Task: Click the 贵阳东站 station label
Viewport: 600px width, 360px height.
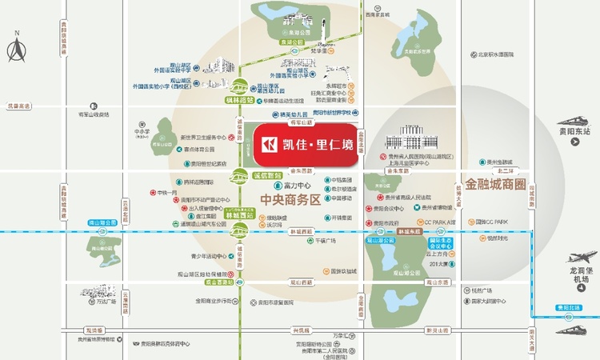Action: coord(574,131)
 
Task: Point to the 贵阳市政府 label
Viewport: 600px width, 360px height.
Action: coord(389,223)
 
